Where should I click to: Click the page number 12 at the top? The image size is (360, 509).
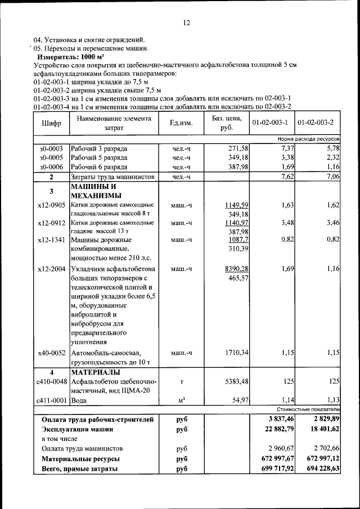pos(187,22)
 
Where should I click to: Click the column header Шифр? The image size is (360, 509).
pos(51,123)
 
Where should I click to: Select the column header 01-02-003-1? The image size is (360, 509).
pos(270,123)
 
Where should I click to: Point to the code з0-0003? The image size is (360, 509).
pos(51,148)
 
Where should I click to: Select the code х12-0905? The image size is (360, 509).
pos(51,205)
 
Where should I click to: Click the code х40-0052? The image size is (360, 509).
pos(51,353)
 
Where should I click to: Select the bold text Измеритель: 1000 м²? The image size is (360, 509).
pos(66,57)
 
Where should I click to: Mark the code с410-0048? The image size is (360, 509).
pos(51,382)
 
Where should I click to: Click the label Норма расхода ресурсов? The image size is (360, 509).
pos(308,138)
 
